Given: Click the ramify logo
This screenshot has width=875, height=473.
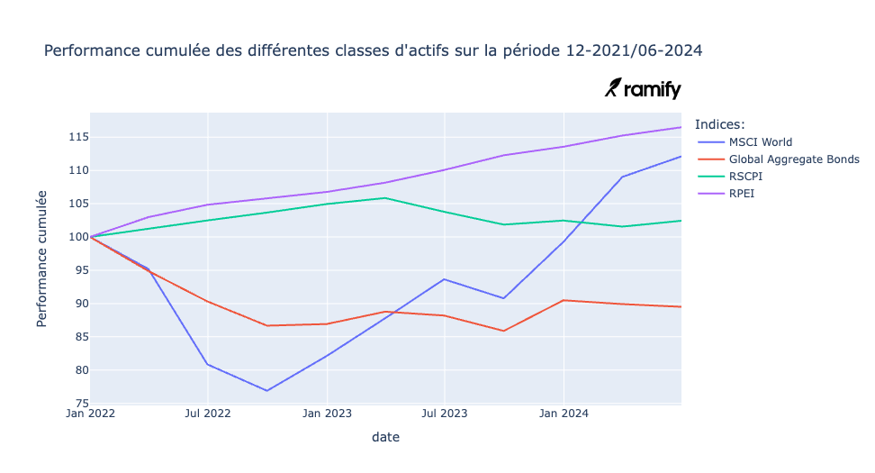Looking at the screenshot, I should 643,88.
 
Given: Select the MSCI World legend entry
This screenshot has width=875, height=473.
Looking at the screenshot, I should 761,141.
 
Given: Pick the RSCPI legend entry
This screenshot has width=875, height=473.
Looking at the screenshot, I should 746,176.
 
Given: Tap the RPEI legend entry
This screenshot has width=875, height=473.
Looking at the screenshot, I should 742,193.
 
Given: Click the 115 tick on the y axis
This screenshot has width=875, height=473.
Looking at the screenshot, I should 76,137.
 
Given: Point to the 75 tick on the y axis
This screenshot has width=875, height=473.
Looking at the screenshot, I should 78,404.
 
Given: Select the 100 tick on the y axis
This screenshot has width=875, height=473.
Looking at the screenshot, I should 76,237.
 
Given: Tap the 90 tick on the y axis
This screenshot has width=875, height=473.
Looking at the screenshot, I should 78,304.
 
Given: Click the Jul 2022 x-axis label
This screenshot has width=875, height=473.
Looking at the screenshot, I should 208,414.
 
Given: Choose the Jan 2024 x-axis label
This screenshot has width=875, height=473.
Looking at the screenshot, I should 563,414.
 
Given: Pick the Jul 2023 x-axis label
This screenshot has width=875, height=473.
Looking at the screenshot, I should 445,414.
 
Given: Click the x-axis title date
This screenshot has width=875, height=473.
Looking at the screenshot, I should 385,437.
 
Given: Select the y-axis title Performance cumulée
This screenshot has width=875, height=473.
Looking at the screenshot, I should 42,259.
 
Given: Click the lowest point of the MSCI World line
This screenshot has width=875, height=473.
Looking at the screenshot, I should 267,390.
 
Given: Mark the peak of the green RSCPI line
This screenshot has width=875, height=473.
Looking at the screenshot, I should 385,198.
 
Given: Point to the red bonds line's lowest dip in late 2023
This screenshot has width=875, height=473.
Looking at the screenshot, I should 504,331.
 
